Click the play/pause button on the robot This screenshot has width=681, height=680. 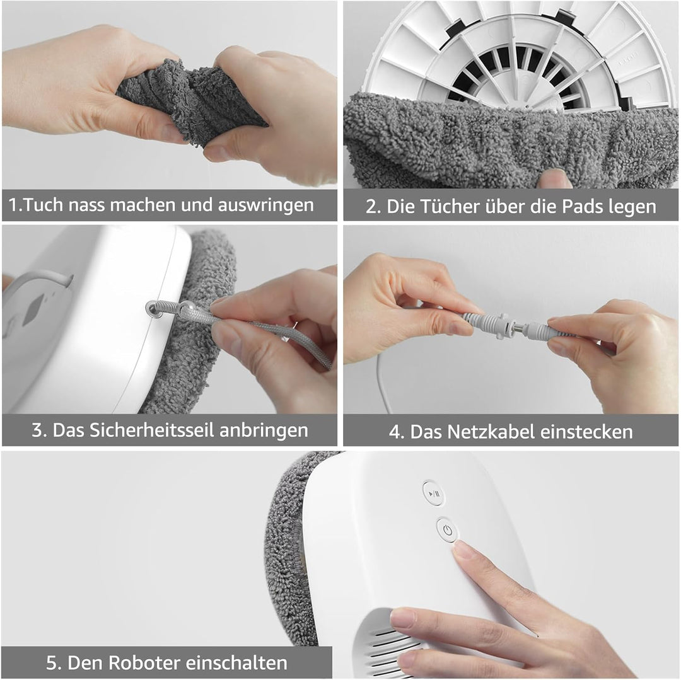pyautogui.click(x=433, y=493)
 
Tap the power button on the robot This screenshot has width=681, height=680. pyautogui.click(x=446, y=530)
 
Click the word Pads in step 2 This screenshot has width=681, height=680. pyautogui.click(x=581, y=206)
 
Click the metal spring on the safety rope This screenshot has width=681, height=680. pyautogui.click(x=165, y=308)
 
